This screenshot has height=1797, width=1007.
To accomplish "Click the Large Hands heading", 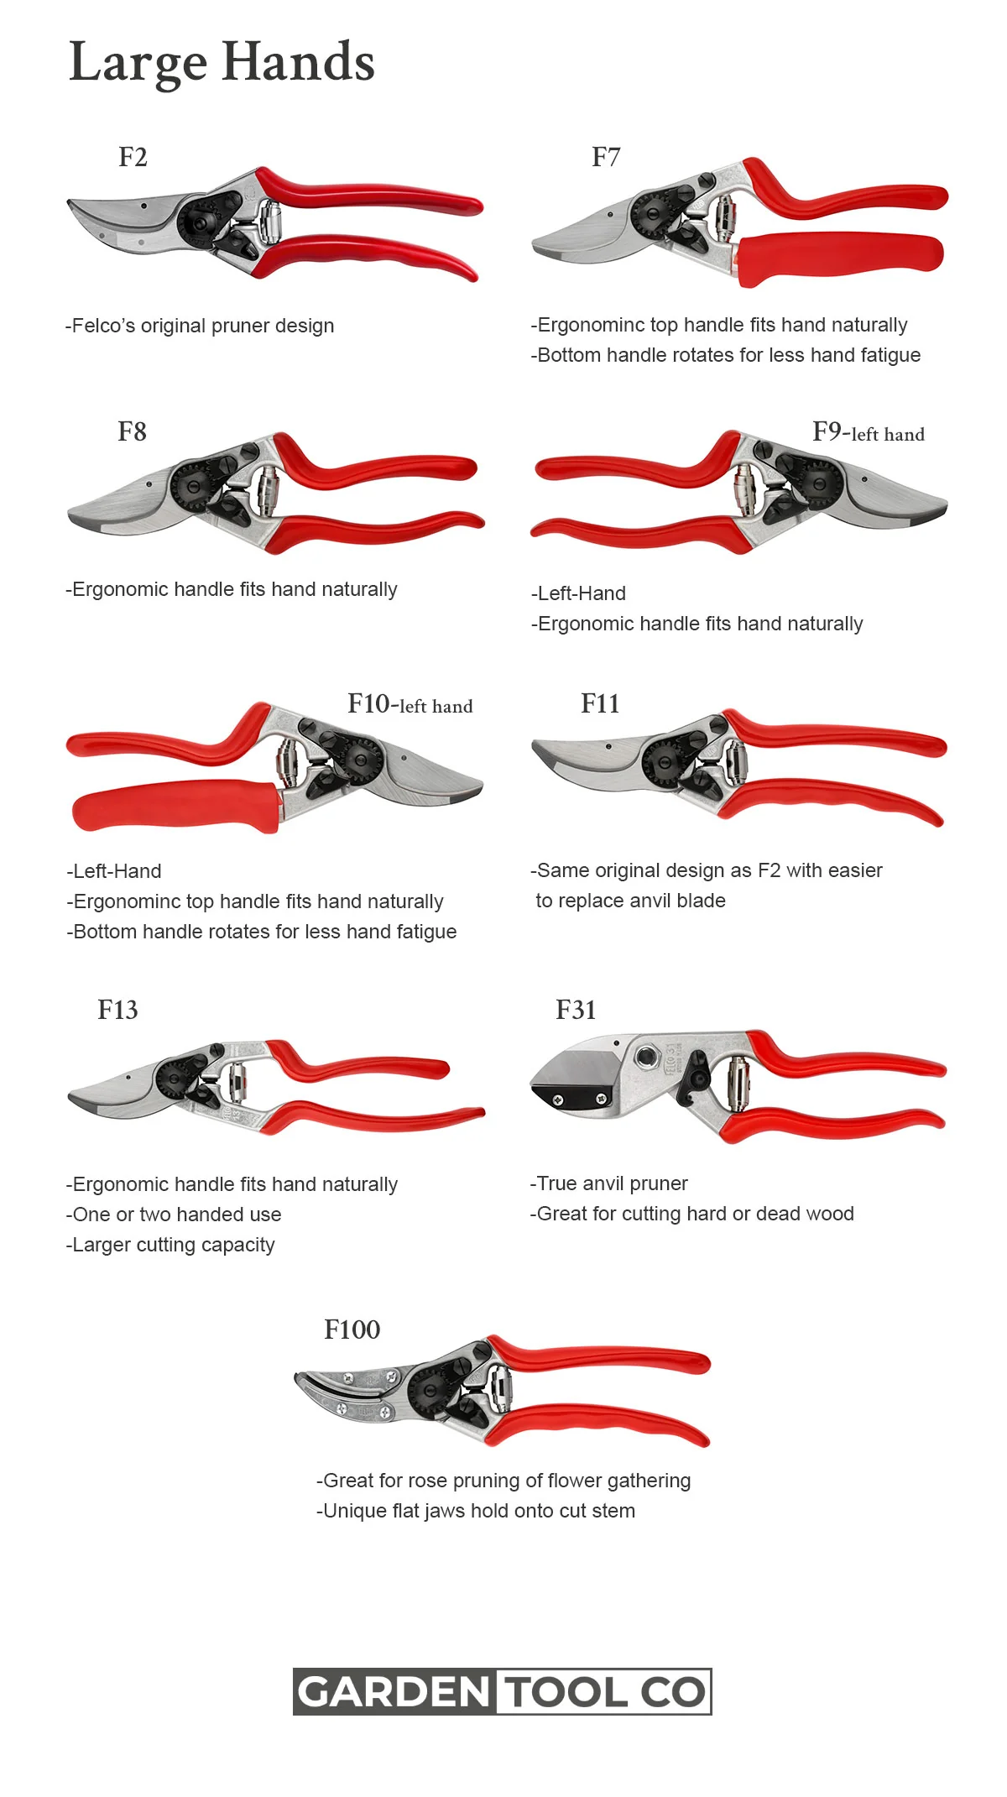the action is click(222, 63).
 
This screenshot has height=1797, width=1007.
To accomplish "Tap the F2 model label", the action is click(133, 157).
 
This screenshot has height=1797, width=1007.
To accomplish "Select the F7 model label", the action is click(606, 157).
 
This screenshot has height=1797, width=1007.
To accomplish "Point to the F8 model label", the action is click(132, 431).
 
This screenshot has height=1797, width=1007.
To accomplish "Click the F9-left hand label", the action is click(869, 432).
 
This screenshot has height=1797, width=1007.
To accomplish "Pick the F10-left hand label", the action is click(410, 704).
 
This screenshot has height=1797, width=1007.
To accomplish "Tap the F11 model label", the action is click(600, 703).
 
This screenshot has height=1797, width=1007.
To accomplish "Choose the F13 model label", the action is click(117, 1010).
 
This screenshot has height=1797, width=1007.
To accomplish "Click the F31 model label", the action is click(576, 1010).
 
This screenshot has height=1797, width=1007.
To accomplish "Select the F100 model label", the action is click(352, 1329).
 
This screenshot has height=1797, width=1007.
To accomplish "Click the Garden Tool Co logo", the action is click(503, 1691).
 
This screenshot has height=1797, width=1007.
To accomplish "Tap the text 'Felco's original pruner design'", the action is click(200, 326).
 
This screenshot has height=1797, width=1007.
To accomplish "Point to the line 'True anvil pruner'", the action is click(608, 1183).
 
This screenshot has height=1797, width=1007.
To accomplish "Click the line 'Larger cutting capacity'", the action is click(170, 1245).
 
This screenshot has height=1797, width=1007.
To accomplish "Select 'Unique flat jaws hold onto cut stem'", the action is click(476, 1511).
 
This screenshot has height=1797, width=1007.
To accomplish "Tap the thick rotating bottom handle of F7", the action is click(839, 255).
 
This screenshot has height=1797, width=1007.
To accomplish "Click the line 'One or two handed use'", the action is click(174, 1215).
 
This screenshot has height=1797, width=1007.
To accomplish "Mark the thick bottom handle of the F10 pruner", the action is click(176, 806).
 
